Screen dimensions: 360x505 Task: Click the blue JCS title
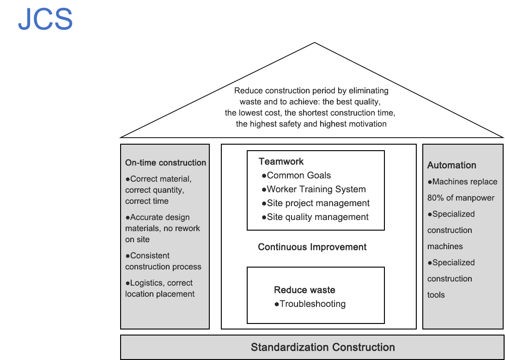pyautogui.click(x=45, y=20)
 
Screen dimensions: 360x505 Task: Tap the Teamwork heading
pyautogui.click(x=281, y=161)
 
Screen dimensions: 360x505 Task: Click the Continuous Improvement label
pyautogui.click(x=312, y=247)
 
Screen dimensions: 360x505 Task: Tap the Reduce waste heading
pyautogui.click(x=304, y=290)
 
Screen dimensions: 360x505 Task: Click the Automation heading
pyautogui.click(x=451, y=165)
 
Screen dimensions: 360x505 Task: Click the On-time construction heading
pyautogui.click(x=165, y=163)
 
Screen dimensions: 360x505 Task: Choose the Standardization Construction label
pyautogui.click(x=322, y=347)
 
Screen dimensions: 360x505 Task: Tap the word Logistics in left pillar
pyautogui.click(x=147, y=283)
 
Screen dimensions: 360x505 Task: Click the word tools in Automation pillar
pyautogui.click(x=436, y=295)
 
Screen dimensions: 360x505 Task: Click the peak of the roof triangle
pyautogui.click(x=314, y=43)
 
